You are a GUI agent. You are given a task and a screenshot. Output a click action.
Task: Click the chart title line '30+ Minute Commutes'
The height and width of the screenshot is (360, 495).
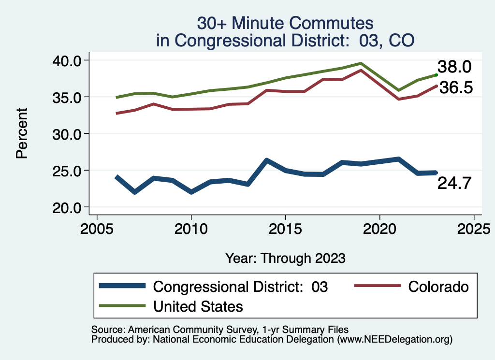[x=285, y=23]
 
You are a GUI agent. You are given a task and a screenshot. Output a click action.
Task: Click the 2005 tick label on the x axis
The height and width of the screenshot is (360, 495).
[x=97, y=227]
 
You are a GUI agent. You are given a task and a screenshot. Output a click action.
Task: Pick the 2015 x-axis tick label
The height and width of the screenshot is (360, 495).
[x=285, y=227]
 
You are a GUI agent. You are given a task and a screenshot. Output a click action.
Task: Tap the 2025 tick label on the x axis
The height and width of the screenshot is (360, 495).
[x=474, y=227]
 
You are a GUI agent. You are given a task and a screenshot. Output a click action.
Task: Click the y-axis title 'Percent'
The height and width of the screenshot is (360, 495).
[x=21, y=134]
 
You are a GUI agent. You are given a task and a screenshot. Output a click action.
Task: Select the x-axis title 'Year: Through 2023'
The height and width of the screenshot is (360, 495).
[x=285, y=258]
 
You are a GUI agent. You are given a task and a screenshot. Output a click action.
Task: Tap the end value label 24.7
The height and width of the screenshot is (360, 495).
[x=454, y=184]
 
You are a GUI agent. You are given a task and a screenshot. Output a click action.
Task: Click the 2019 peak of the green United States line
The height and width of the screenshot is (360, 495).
[x=361, y=63]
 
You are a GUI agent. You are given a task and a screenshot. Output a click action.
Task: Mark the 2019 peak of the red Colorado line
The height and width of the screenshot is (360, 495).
[x=361, y=71]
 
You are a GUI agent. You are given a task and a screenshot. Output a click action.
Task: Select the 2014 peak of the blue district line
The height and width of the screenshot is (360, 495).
[x=266, y=160]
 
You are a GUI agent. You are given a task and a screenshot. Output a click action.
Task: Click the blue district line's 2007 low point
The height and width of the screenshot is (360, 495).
[x=134, y=192]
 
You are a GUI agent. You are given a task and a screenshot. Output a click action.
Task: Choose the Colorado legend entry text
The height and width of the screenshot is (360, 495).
[x=438, y=287]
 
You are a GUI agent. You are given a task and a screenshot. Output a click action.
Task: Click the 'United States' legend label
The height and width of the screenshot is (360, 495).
[x=198, y=306]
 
